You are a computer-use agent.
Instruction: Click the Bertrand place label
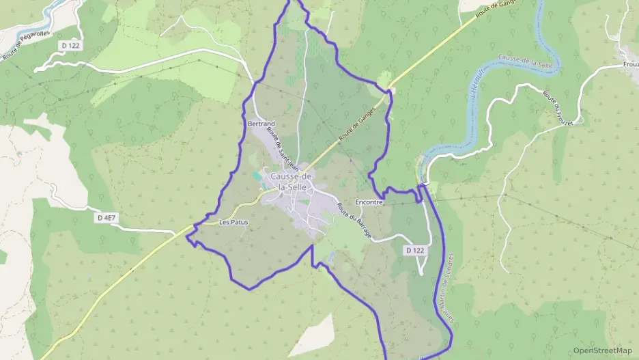(x=260, y=124)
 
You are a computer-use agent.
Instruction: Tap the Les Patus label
(x=233, y=223)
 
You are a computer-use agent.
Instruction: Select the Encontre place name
(x=370, y=203)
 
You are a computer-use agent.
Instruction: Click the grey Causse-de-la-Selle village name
(x=292, y=182)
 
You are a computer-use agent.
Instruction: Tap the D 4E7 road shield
(x=108, y=218)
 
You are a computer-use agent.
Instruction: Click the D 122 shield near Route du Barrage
(x=415, y=251)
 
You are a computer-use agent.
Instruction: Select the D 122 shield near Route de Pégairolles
(x=70, y=44)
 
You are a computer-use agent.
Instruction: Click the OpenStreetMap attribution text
(x=602, y=350)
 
